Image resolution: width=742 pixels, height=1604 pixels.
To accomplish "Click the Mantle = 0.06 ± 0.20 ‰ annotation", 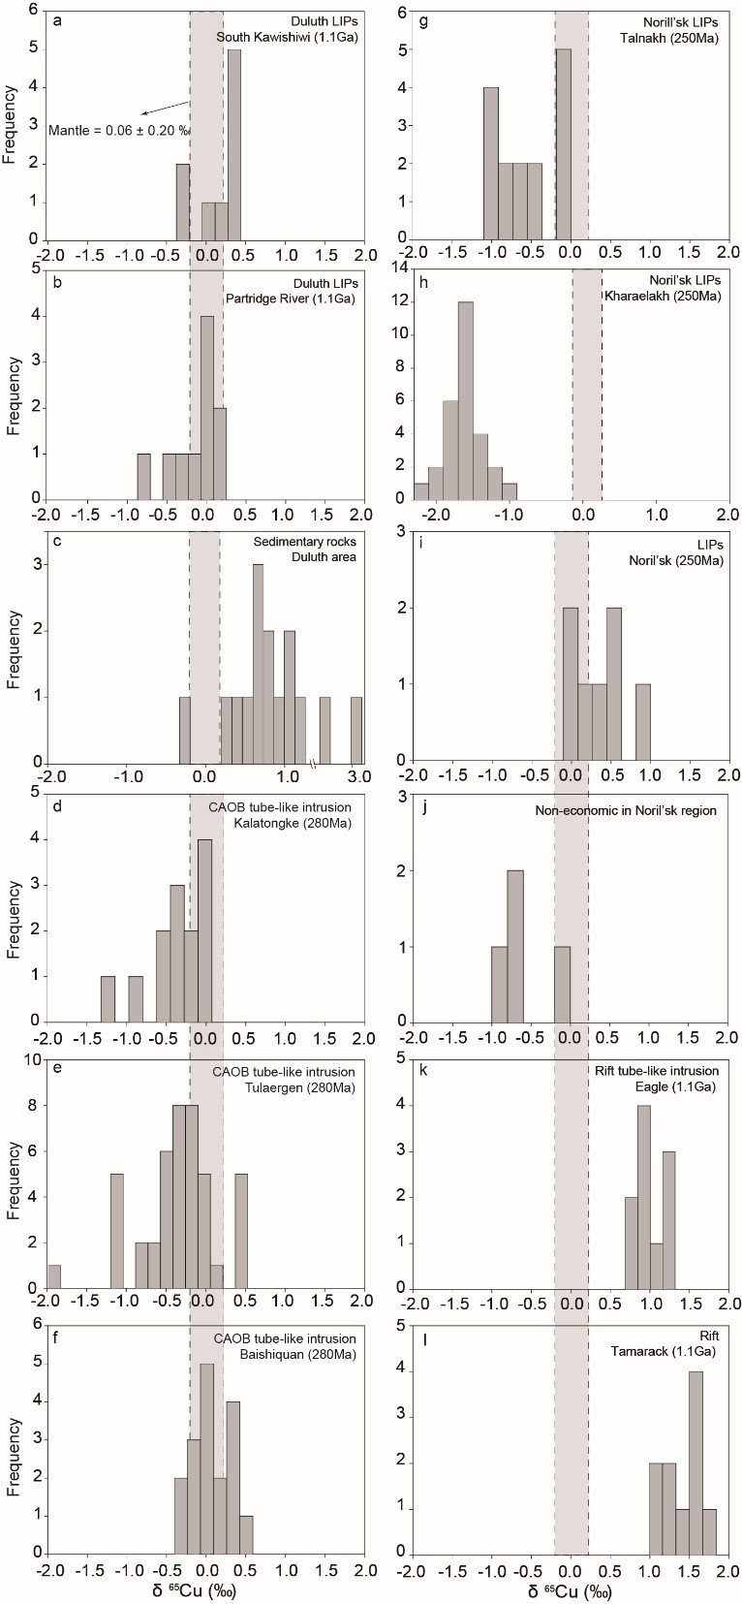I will point(120,130).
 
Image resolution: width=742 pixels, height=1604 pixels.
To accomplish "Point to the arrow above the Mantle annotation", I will point(164,108).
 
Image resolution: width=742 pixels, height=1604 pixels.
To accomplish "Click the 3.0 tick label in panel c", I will point(356,777).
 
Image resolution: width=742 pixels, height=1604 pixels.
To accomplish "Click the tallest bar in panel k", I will point(644,1196).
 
